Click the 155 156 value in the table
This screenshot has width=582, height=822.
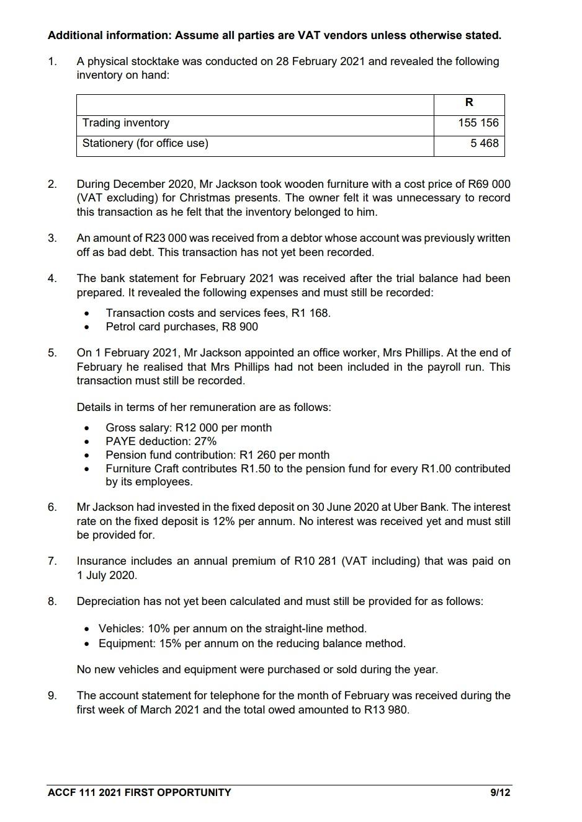tap(478, 123)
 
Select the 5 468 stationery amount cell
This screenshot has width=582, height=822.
tap(484, 143)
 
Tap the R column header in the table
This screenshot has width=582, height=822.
tap(469, 103)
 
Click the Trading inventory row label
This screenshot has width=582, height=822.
tap(126, 123)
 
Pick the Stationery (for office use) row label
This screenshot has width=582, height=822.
tap(145, 143)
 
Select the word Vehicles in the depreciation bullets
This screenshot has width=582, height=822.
tap(120, 629)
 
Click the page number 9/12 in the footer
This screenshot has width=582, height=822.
tap(500, 792)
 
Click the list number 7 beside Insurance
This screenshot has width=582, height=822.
tap(52, 561)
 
